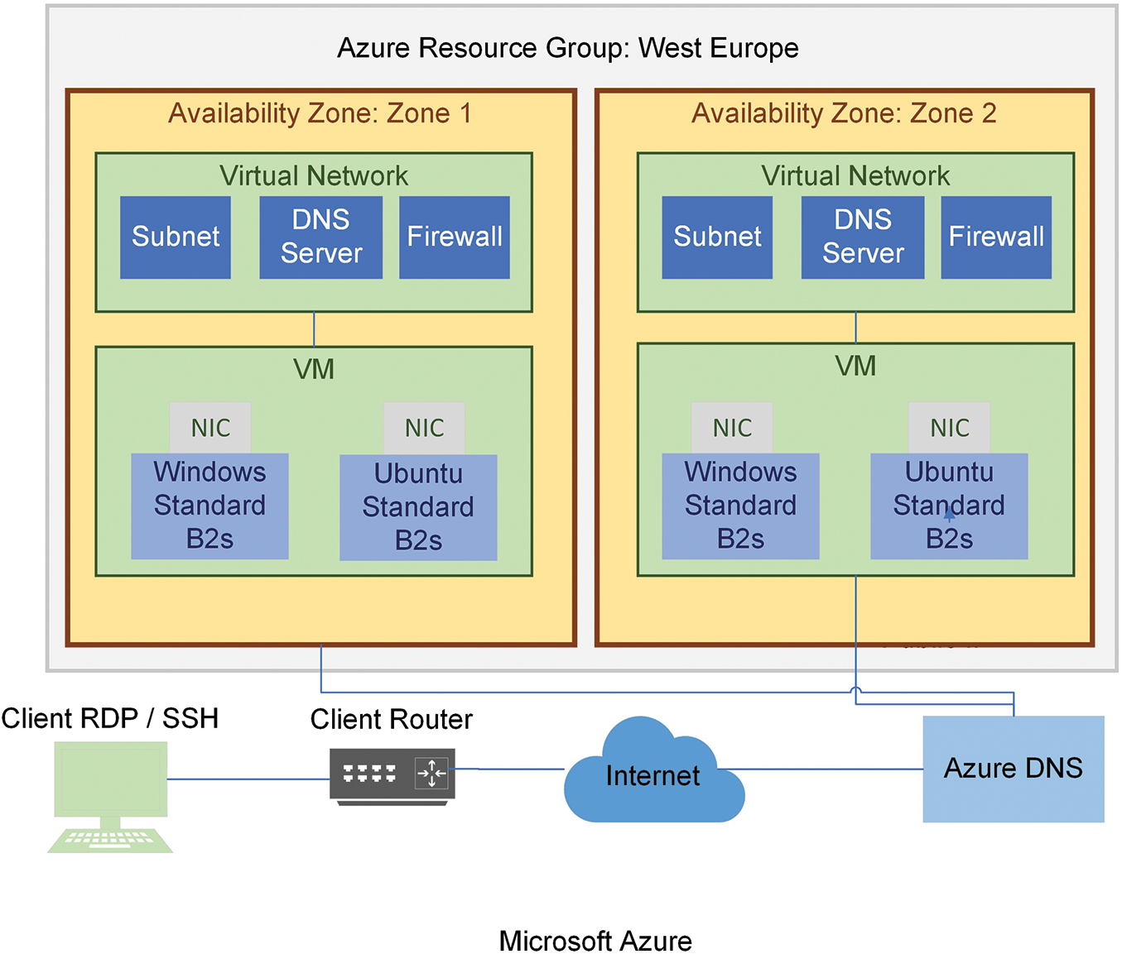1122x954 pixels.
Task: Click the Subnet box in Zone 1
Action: [176, 237]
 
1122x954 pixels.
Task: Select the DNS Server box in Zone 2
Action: [863, 237]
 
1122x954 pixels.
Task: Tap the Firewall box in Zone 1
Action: [455, 237]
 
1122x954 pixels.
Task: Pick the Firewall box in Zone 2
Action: [996, 237]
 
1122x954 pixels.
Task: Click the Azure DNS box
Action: [1014, 769]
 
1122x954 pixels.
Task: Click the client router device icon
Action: [392, 774]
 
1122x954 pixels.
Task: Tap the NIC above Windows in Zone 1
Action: [210, 428]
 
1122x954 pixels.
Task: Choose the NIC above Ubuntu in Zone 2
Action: [949, 428]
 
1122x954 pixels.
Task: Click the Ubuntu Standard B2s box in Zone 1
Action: [418, 507]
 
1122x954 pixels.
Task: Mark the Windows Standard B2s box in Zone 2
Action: [740, 506]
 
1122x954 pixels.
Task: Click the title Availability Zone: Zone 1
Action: [320, 113]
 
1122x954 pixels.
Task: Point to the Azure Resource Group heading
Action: [567, 48]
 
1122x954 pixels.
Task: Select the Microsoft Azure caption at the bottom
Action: [595, 941]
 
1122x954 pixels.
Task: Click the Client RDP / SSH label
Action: [110, 718]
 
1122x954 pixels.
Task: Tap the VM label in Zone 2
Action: [855, 366]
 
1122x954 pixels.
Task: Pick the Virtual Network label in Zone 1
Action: [314, 175]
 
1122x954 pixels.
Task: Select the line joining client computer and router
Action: [248, 779]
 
